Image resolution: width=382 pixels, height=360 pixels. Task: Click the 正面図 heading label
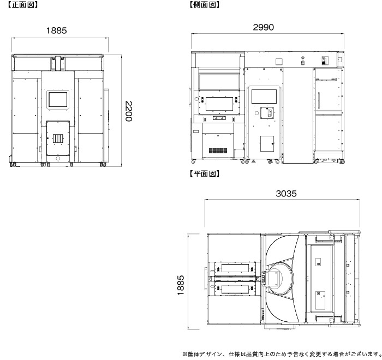click(22, 4)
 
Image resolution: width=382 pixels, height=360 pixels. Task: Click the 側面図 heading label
click(204, 4)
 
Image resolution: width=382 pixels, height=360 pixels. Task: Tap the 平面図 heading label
click(204, 173)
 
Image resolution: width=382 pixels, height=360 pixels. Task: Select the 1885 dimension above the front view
click(56, 31)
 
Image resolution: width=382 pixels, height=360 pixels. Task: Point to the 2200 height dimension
click(128, 111)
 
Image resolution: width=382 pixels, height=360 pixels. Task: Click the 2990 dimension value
click(263, 27)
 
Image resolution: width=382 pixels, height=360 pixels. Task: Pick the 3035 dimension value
click(286, 194)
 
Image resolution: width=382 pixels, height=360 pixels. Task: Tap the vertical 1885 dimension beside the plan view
click(181, 285)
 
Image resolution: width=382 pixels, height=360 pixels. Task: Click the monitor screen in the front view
click(58, 99)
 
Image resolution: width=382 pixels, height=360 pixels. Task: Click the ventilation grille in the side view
click(218, 151)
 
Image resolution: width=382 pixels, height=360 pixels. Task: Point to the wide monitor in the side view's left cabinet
click(220, 104)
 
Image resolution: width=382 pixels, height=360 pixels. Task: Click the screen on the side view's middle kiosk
click(264, 97)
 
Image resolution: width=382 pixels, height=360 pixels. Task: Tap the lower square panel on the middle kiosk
click(267, 143)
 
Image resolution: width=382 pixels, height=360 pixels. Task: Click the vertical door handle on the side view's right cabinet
click(319, 100)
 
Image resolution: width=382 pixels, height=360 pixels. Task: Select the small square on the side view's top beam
click(279, 62)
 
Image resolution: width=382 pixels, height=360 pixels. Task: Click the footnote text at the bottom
click(282, 354)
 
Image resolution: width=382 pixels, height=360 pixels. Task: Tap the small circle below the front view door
click(58, 159)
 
